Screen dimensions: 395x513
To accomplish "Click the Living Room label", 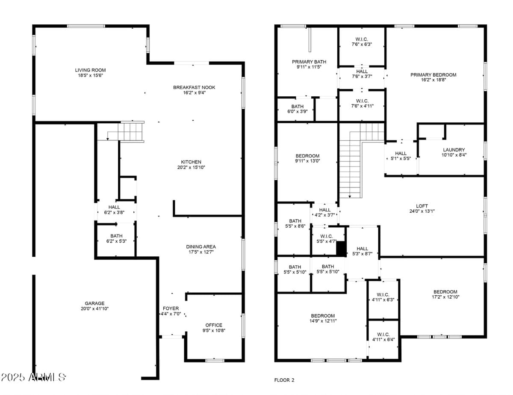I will tap(90, 70).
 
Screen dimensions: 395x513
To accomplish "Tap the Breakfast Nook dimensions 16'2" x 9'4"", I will tap(194, 92).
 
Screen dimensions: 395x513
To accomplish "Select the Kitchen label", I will tap(191, 162).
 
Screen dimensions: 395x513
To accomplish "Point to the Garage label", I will tap(94, 303).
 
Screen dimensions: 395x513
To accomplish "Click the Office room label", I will tap(214, 325).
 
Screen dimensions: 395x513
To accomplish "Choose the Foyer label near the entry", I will tap(171, 309).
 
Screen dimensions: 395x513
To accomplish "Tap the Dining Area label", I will tap(201, 247).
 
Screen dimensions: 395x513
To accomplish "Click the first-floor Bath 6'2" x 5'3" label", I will tap(116, 236).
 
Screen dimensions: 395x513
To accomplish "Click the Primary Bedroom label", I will tap(433, 75).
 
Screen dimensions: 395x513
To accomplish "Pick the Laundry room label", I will tap(454, 150).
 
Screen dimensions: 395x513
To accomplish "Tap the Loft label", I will tap(422, 206).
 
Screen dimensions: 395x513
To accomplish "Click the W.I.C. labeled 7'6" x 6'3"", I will tap(362, 39).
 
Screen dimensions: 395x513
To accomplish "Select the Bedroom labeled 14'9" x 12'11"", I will tap(323, 316).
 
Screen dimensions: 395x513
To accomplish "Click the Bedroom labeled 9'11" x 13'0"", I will tap(308, 156).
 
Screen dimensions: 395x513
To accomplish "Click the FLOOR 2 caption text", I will tap(284, 380).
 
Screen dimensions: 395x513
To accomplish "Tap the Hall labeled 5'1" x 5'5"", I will tap(401, 153).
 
